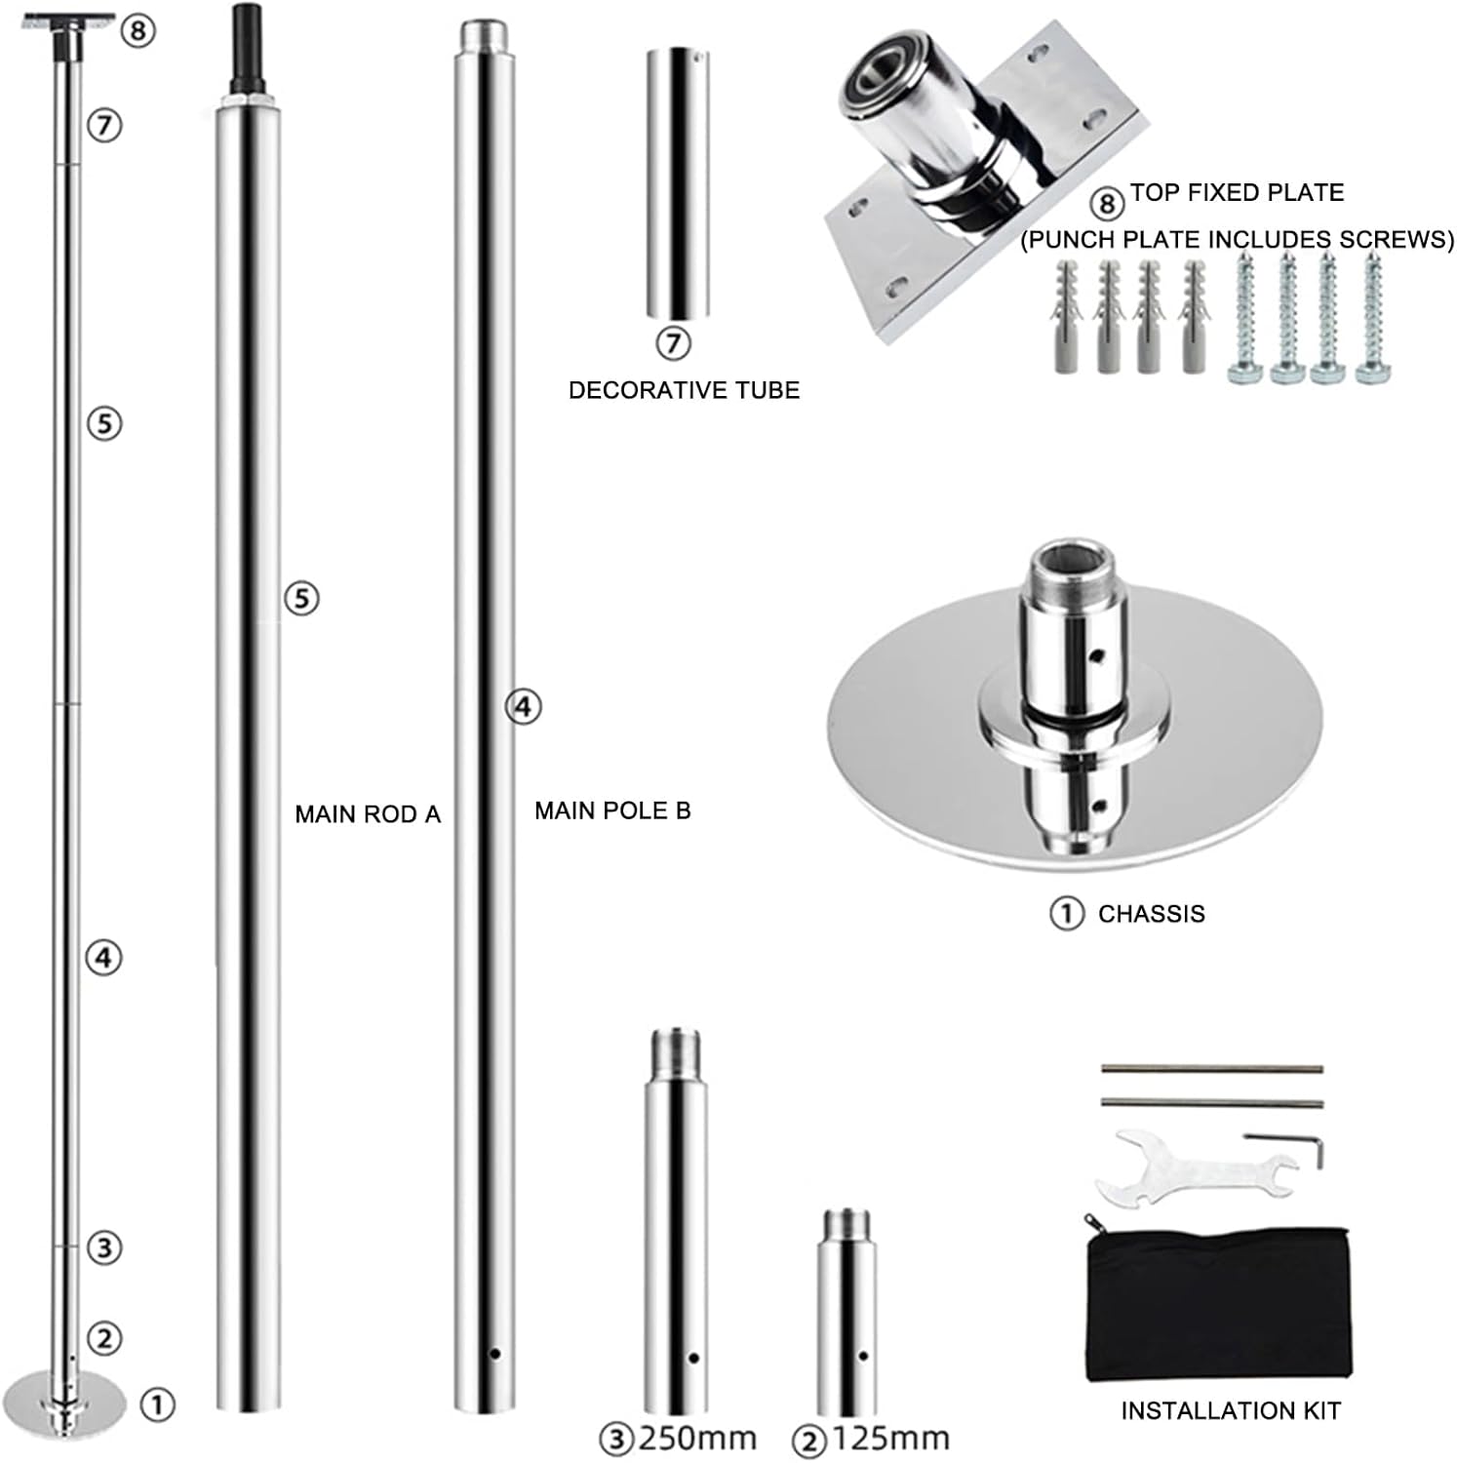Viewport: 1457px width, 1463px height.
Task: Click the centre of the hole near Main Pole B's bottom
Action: [x=495, y=1353]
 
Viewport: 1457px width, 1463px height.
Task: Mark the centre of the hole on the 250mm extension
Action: [x=693, y=1358]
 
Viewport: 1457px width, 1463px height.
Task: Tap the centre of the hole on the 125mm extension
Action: [x=864, y=1356]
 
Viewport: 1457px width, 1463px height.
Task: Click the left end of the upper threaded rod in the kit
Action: [x=1103, y=1070]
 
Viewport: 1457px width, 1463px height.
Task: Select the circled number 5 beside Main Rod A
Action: [x=301, y=597]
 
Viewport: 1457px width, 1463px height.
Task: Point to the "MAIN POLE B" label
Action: [x=612, y=811]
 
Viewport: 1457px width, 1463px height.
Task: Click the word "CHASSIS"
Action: [x=1152, y=914]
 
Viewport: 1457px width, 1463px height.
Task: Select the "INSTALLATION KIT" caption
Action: [x=1231, y=1410]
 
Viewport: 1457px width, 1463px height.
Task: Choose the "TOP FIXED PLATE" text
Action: [x=1237, y=192]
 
